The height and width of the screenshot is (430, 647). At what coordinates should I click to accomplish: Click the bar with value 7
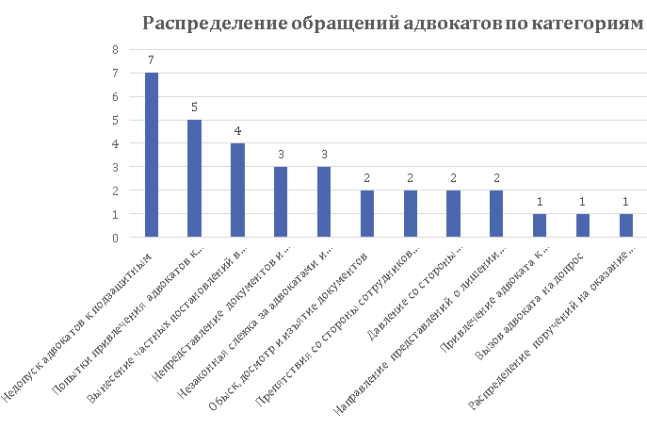[151, 155]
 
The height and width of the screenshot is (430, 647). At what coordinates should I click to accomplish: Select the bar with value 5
[194, 178]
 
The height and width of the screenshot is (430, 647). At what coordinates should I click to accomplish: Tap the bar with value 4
[237, 190]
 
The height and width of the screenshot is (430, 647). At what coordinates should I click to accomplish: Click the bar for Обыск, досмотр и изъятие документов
[366, 213]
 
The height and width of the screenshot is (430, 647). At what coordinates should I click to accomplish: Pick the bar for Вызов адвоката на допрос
[582, 225]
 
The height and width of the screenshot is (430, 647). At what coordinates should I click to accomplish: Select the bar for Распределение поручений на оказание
[625, 225]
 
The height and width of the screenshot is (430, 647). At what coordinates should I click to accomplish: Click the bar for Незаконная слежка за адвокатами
[323, 202]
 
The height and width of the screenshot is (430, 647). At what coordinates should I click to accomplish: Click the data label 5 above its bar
[194, 107]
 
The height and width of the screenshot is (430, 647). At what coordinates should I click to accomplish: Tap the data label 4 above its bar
[237, 131]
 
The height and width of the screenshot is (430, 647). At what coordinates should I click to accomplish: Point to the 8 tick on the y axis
[115, 49]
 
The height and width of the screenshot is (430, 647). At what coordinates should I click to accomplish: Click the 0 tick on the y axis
[115, 238]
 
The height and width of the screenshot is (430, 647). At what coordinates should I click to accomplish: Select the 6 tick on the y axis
[115, 96]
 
